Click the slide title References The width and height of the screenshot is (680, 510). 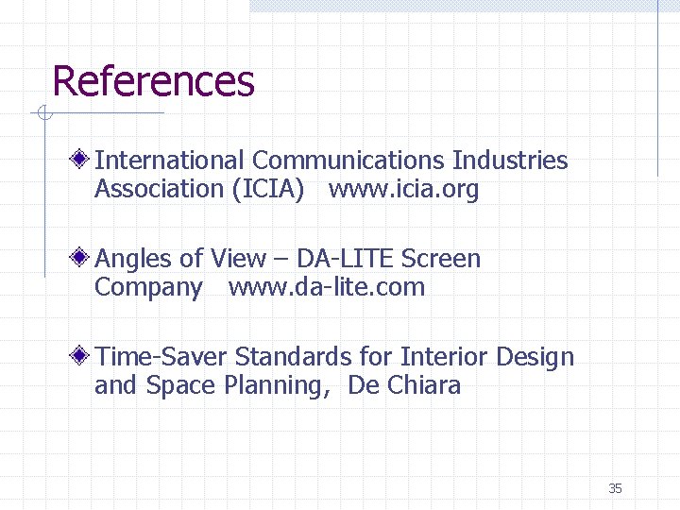pyautogui.click(x=153, y=81)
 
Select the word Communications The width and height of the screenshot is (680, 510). pyautogui.click(x=349, y=161)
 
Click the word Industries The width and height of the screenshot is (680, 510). pyautogui.click(x=510, y=161)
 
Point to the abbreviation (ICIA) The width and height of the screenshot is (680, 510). pyautogui.click(x=268, y=189)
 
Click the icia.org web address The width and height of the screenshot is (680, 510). pyautogui.click(x=404, y=189)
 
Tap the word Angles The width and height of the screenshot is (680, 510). pyautogui.click(x=134, y=259)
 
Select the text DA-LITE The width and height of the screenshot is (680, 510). pyautogui.click(x=346, y=259)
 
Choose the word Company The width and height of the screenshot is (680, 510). pyautogui.click(x=148, y=287)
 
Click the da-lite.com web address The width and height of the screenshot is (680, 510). pyautogui.click(x=327, y=287)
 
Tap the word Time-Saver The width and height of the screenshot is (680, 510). pyautogui.click(x=161, y=357)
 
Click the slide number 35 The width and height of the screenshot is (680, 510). pyautogui.click(x=615, y=488)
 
